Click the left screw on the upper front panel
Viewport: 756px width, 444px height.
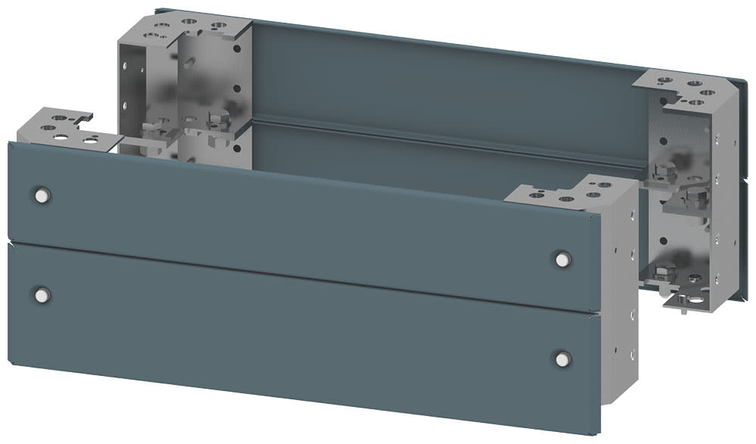[41, 195]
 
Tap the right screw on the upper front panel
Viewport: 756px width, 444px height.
[561, 259]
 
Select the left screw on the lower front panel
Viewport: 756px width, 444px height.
[41, 294]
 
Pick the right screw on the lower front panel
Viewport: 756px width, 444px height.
[561, 359]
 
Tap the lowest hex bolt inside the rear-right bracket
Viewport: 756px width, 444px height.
[665, 272]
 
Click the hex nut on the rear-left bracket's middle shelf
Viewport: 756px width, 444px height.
[218, 119]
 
